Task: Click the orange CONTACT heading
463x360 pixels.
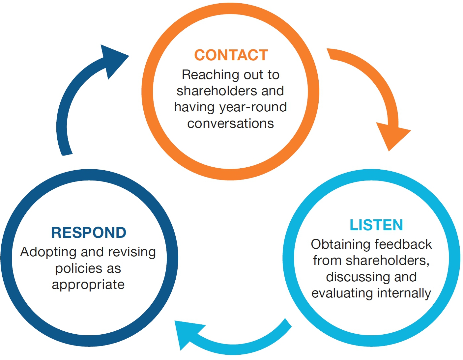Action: coord(231,55)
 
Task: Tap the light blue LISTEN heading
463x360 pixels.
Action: coord(376,225)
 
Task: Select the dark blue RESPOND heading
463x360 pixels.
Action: coord(89,233)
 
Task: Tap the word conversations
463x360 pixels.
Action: coord(231,124)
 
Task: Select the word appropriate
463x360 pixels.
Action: coord(88,285)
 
